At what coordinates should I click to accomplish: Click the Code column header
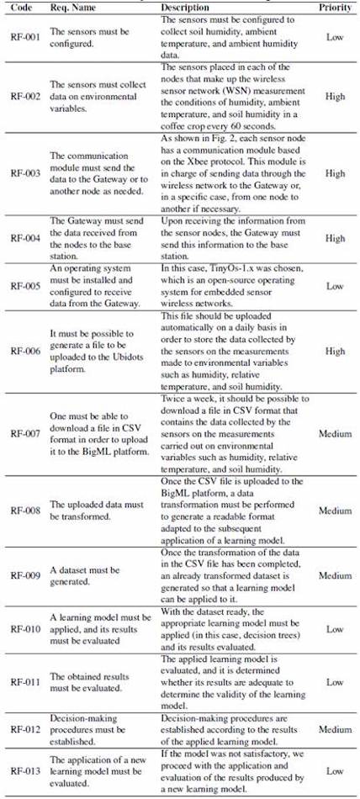coord(18,6)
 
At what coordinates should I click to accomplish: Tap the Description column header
coord(186,6)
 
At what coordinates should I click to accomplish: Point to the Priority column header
coord(335,6)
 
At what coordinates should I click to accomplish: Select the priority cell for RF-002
coord(335,97)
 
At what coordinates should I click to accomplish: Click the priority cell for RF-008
coord(335,511)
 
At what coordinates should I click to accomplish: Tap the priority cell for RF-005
coord(335,285)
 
